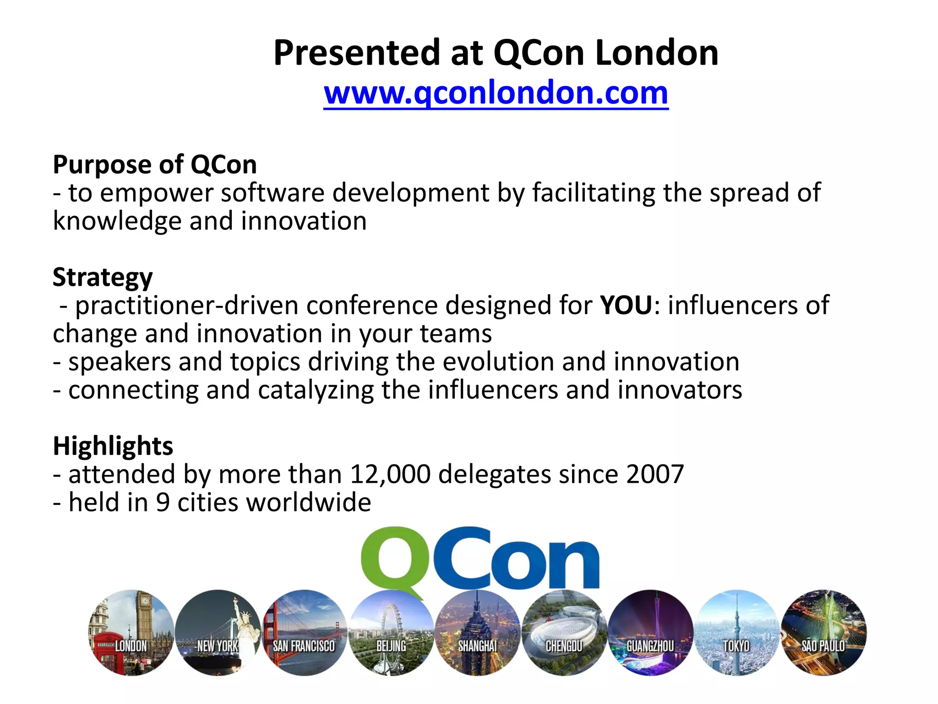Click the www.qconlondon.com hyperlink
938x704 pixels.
(496, 93)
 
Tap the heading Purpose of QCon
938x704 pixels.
(155, 164)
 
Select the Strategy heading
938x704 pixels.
(103, 278)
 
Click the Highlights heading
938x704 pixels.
(113, 446)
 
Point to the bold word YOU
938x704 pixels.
(626, 305)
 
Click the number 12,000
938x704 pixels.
(390, 474)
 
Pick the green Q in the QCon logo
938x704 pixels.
(392, 560)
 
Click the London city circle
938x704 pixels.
(131, 633)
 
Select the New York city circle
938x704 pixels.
(218, 633)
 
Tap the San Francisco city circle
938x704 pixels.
(304, 633)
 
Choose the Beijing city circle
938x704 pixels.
(391, 633)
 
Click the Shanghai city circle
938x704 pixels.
(477, 633)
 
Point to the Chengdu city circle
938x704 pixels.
(564, 633)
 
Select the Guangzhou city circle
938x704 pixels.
(650, 633)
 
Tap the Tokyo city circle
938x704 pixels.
(737, 633)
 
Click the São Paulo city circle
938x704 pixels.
(823, 633)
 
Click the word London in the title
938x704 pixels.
(656, 53)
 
